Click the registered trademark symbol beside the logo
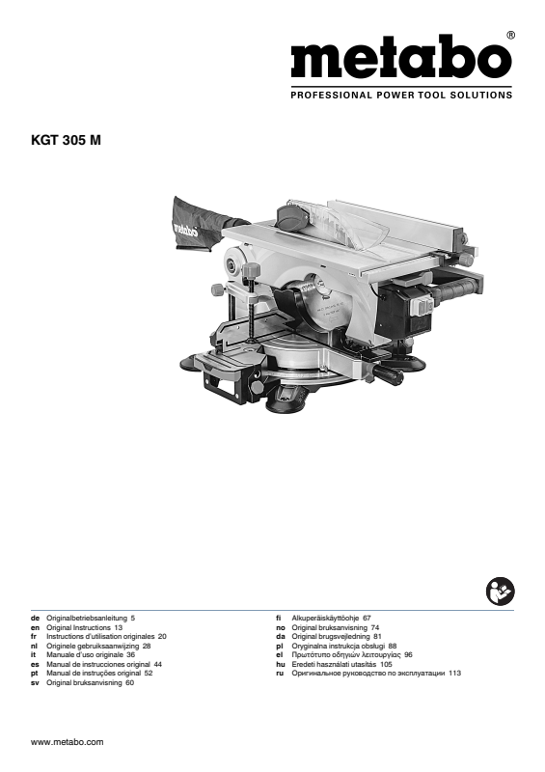coord(511,36)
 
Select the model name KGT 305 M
coord(66,140)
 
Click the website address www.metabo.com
coord(67,742)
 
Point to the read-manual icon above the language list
coord(500,592)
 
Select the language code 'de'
coord(35,618)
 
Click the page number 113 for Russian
coord(455,673)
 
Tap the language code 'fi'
coord(279,618)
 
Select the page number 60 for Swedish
coord(129,683)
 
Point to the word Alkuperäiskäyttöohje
coord(325,618)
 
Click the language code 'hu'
coord(281,664)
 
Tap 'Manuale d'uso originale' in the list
coord(85,655)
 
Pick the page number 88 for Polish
coord(393,646)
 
